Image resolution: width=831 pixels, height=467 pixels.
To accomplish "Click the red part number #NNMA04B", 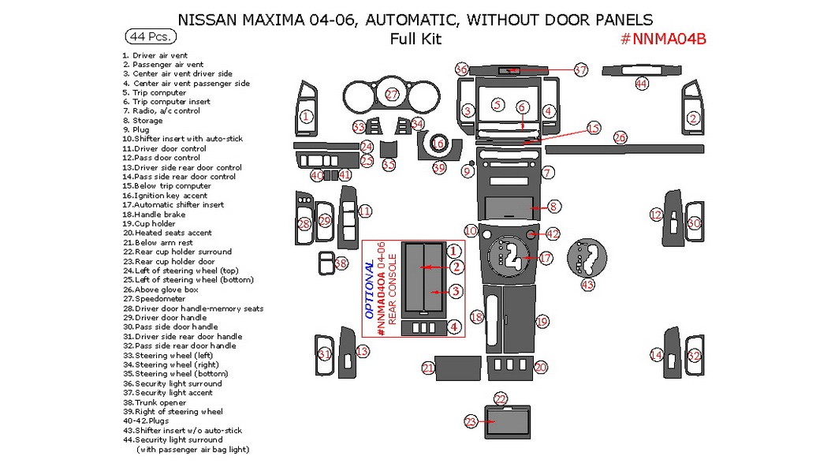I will click(662, 41).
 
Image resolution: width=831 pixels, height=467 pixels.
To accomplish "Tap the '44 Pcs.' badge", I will click(150, 36).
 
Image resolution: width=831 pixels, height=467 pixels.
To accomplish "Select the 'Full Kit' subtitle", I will click(415, 39).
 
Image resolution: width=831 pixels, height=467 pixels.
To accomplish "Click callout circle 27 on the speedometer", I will click(393, 95).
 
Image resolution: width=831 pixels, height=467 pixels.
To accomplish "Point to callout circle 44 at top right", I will click(641, 83).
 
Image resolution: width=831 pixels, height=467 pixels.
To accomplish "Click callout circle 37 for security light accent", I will click(581, 70).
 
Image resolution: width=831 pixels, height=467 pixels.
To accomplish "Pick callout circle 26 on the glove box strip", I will click(620, 138).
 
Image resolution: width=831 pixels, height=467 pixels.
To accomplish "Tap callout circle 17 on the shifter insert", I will click(546, 258).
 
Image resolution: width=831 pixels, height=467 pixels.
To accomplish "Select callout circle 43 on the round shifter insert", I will click(587, 284).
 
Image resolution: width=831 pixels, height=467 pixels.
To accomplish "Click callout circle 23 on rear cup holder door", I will click(471, 423).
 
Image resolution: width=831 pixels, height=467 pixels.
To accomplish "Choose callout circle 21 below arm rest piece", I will click(428, 368).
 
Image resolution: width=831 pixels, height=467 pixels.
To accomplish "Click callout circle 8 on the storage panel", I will click(553, 207).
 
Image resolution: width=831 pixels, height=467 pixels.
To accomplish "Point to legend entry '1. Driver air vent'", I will click(155, 55).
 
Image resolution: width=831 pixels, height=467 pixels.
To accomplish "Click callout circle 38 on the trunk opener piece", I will click(341, 263).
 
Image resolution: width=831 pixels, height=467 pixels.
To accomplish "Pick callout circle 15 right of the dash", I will click(594, 128).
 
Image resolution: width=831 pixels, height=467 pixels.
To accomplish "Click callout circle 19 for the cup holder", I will click(542, 322).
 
